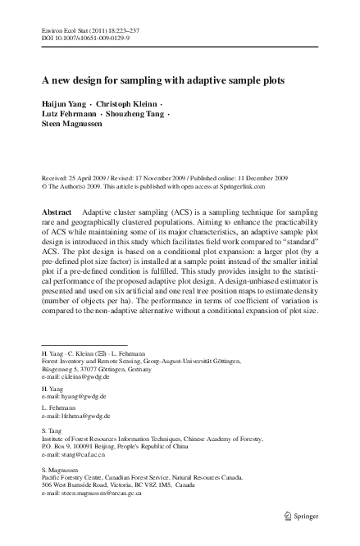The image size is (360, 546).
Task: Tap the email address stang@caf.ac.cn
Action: coord(85,475)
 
